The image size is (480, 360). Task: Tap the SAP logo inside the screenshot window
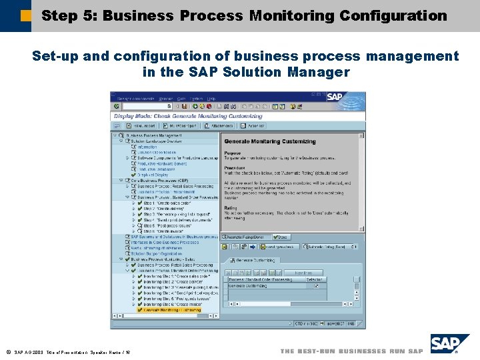335,97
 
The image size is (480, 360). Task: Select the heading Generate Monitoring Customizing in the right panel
270,141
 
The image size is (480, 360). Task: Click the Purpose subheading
233,153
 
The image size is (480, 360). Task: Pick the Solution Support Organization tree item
157,253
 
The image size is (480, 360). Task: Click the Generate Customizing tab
257,260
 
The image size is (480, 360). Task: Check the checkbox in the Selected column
317,286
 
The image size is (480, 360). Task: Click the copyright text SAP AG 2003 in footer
28,351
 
